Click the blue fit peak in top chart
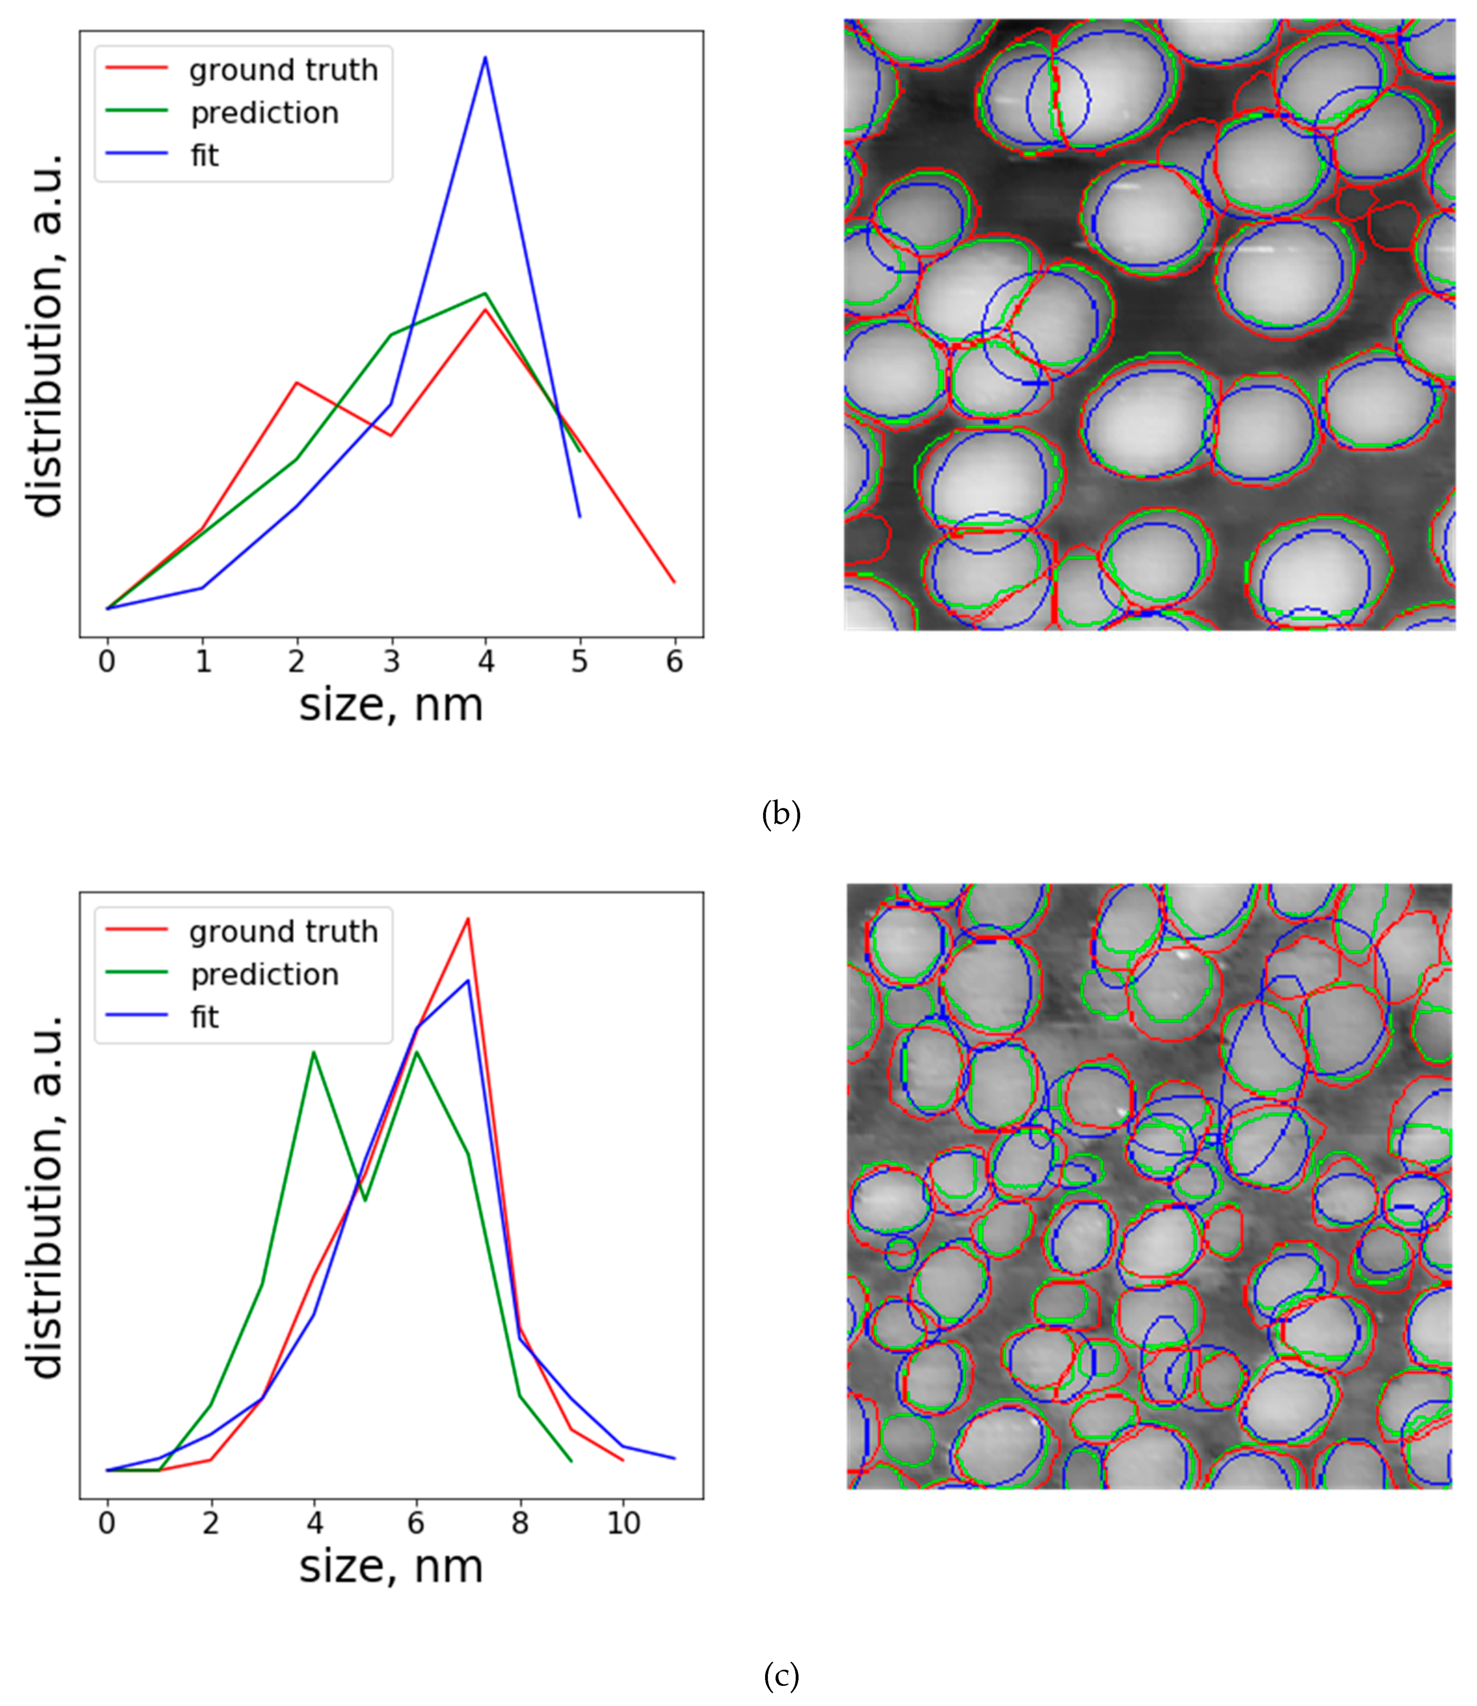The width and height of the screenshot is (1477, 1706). (x=485, y=58)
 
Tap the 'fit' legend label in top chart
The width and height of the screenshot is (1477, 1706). (x=205, y=156)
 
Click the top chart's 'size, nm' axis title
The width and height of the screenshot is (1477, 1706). (x=391, y=706)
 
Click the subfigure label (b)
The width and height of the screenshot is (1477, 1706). (x=780, y=814)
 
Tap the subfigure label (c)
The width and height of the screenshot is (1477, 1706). (x=780, y=1676)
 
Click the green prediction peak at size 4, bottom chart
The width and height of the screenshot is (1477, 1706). (x=314, y=1052)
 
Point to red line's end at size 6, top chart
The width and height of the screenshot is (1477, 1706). (x=674, y=582)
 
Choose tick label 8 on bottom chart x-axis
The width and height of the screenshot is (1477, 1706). (x=519, y=1523)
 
